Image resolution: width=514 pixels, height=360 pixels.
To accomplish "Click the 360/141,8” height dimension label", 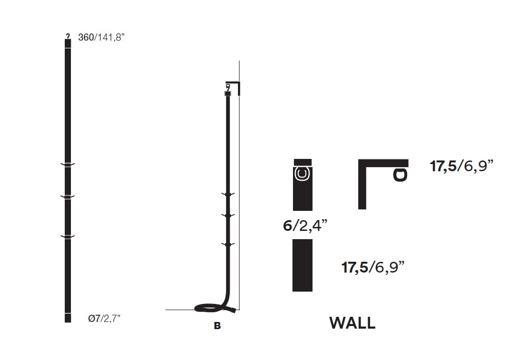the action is point(101,37).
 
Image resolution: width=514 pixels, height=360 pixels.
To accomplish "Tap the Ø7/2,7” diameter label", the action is point(104,318).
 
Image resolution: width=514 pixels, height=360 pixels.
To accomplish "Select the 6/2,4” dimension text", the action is point(305,226).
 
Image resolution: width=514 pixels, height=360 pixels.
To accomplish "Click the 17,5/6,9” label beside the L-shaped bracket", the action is point(462,166).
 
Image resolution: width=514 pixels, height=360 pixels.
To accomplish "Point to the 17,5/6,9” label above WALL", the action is point(373,267).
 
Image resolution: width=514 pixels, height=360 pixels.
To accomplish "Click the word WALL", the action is point(353,323).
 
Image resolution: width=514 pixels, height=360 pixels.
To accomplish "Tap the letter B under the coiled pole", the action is point(217,326).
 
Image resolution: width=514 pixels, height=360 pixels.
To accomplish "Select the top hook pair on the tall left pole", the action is point(67,164).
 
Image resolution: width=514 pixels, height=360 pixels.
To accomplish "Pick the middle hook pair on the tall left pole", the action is point(67,197).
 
